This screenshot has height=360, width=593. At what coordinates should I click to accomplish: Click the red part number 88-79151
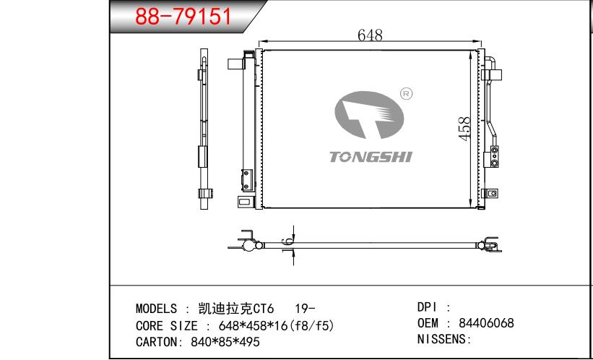pyautogui.click(x=183, y=17)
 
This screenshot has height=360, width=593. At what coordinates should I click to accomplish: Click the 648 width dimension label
pyautogui.click(x=370, y=35)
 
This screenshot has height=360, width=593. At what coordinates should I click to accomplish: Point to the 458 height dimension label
pyautogui.click(x=464, y=129)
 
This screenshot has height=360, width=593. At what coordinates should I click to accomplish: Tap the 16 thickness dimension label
pyautogui.click(x=287, y=245)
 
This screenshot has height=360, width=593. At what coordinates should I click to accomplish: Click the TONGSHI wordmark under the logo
pyautogui.click(x=371, y=157)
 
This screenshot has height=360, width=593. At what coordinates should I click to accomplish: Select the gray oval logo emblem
pyautogui.click(x=369, y=115)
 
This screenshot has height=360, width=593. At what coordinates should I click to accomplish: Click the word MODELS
pyautogui.click(x=156, y=309)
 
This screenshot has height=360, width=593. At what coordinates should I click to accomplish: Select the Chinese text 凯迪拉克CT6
pyautogui.click(x=235, y=309)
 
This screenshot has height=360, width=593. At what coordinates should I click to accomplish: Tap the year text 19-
pyautogui.click(x=304, y=309)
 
